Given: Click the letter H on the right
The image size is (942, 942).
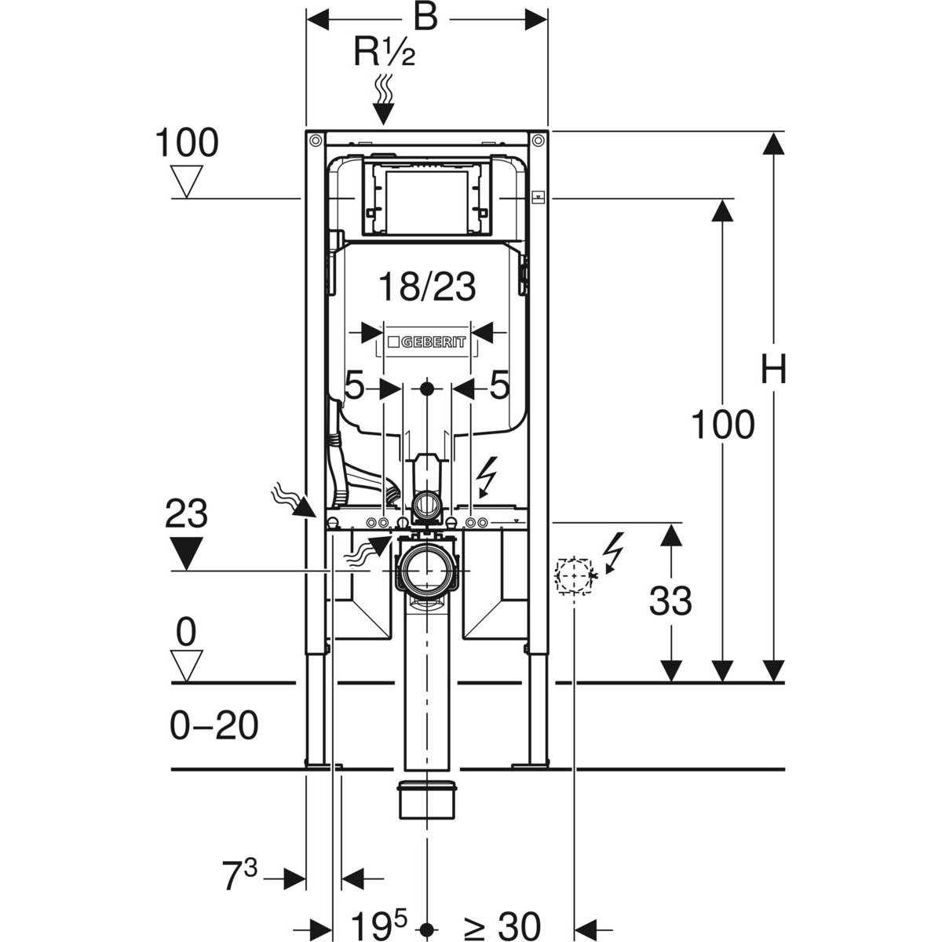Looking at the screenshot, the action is [773, 369].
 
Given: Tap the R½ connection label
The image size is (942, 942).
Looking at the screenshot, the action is [384, 53].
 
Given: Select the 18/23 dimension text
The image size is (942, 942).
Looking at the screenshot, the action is [427, 287].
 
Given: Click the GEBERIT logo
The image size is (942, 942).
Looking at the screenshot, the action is [427, 341].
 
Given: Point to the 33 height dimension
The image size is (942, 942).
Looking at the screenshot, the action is [670, 601].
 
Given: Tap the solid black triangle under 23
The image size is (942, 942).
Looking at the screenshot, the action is [186, 553].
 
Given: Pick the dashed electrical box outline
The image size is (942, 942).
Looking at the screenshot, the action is [573, 576].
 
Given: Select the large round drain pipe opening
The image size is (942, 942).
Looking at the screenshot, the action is [427, 570].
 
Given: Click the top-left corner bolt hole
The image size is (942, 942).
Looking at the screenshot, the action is [316, 141].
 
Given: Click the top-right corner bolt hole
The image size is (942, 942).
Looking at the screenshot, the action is [539, 141].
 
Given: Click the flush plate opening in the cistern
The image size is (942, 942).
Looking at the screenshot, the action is [427, 203].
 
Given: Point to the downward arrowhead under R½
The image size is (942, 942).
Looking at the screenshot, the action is [384, 115].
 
